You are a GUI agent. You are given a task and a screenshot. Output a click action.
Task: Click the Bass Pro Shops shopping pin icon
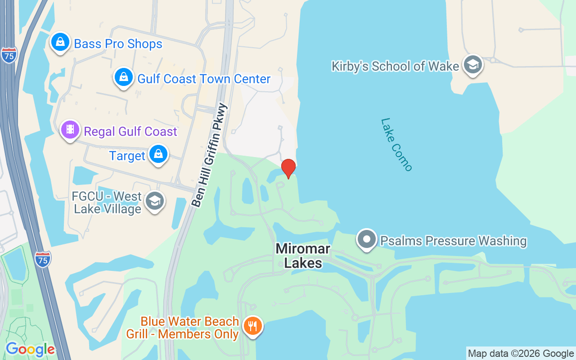60,42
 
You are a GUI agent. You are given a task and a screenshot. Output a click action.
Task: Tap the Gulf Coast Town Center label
204,79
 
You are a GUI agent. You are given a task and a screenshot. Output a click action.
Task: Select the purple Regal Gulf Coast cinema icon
70,130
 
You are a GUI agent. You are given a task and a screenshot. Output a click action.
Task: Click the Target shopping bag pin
158,154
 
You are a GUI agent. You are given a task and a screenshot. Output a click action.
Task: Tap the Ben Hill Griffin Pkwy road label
210,155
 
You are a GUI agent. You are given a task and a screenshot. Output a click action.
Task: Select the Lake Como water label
396,144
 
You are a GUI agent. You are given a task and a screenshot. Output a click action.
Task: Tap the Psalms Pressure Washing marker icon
367,239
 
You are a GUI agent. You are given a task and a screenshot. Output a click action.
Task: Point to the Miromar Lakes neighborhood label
303,256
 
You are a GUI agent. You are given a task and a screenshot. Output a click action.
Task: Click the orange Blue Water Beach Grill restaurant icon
252,326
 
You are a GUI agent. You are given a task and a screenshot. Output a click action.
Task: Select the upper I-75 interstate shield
9,55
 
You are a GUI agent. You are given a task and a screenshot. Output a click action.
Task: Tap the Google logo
30,349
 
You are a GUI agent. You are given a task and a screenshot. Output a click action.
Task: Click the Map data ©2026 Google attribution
521,354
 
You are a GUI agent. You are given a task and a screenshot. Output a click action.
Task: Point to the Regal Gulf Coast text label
130,131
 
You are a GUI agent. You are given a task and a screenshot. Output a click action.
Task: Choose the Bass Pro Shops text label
118,44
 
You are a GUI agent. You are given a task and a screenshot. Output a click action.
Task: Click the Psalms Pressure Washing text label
454,241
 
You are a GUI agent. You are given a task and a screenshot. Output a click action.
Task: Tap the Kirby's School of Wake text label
395,66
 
